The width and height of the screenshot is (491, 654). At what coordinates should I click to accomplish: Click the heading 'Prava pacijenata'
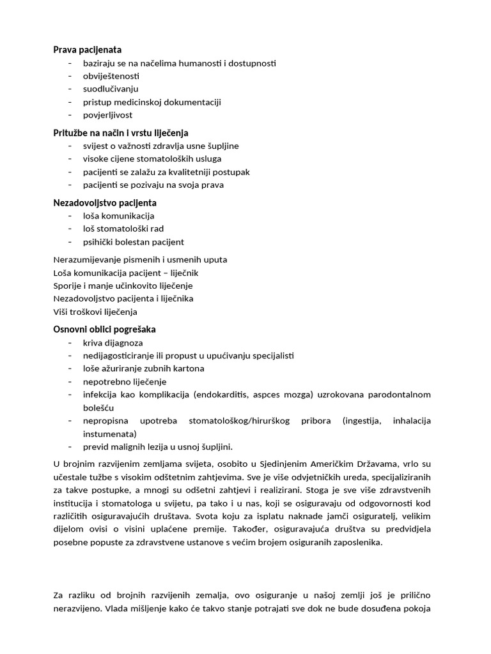(x=87, y=49)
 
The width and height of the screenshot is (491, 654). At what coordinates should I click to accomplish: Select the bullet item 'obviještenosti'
(x=111, y=76)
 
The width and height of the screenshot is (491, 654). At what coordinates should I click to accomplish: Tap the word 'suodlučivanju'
(x=111, y=89)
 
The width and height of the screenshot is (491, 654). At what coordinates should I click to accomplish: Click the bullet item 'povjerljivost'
(x=108, y=115)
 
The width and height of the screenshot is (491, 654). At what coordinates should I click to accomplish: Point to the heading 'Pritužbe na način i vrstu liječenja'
(x=120, y=133)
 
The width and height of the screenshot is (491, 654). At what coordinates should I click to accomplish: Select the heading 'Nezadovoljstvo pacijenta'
(x=104, y=202)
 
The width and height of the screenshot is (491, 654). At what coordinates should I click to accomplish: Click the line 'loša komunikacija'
(x=118, y=216)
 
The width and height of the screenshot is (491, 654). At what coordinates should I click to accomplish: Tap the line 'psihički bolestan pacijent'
(x=133, y=242)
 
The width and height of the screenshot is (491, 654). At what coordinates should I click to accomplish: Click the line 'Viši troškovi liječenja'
(x=95, y=312)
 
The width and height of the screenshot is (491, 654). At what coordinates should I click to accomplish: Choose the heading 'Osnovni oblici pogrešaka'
(x=104, y=330)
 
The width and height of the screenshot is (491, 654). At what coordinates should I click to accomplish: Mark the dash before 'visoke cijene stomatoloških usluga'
(x=69, y=159)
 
